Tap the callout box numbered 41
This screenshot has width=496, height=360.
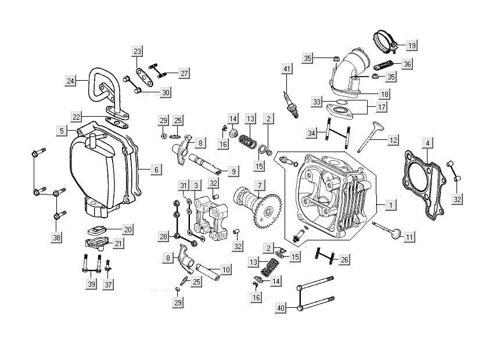coord(286,70)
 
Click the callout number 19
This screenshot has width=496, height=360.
coord(411,45)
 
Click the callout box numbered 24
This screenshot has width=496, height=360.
coord(71,81)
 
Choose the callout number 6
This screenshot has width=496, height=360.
coord(156,170)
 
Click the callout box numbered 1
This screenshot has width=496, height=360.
coord(391,205)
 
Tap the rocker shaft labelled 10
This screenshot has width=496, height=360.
coord(206,269)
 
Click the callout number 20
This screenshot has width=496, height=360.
coord(127,229)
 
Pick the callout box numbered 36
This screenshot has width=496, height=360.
coord(407,64)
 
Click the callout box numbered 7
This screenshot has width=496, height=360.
coord(260,185)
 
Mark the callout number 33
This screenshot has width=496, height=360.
coord(316,102)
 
